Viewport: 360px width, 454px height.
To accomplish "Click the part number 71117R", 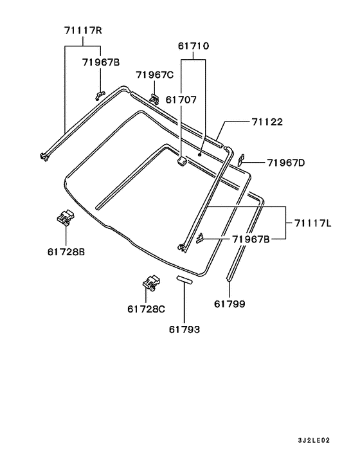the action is pyautogui.click(x=83, y=30).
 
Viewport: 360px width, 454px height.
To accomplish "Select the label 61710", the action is pyautogui.click(x=193, y=46).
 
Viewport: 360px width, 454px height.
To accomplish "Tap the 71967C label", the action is pyautogui.click(x=155, y=75).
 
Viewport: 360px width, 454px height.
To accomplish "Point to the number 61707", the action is pyautogui.click(x=181, y=100).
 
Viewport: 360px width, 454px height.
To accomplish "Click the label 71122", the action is pyautogui.click(x=267, y=122).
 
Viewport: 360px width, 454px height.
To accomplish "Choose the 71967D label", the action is pyautogui.click(x=286, y=163).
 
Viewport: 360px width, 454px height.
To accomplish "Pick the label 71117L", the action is pyautogui.click(x=313, y=223).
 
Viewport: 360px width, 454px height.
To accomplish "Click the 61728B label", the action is pyautogui.click(x=66, y=252).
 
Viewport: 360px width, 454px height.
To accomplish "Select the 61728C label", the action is pyautogui.click(x=146, y=309).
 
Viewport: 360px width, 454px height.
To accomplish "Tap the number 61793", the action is pyautogui.click(x=184, y=329).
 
